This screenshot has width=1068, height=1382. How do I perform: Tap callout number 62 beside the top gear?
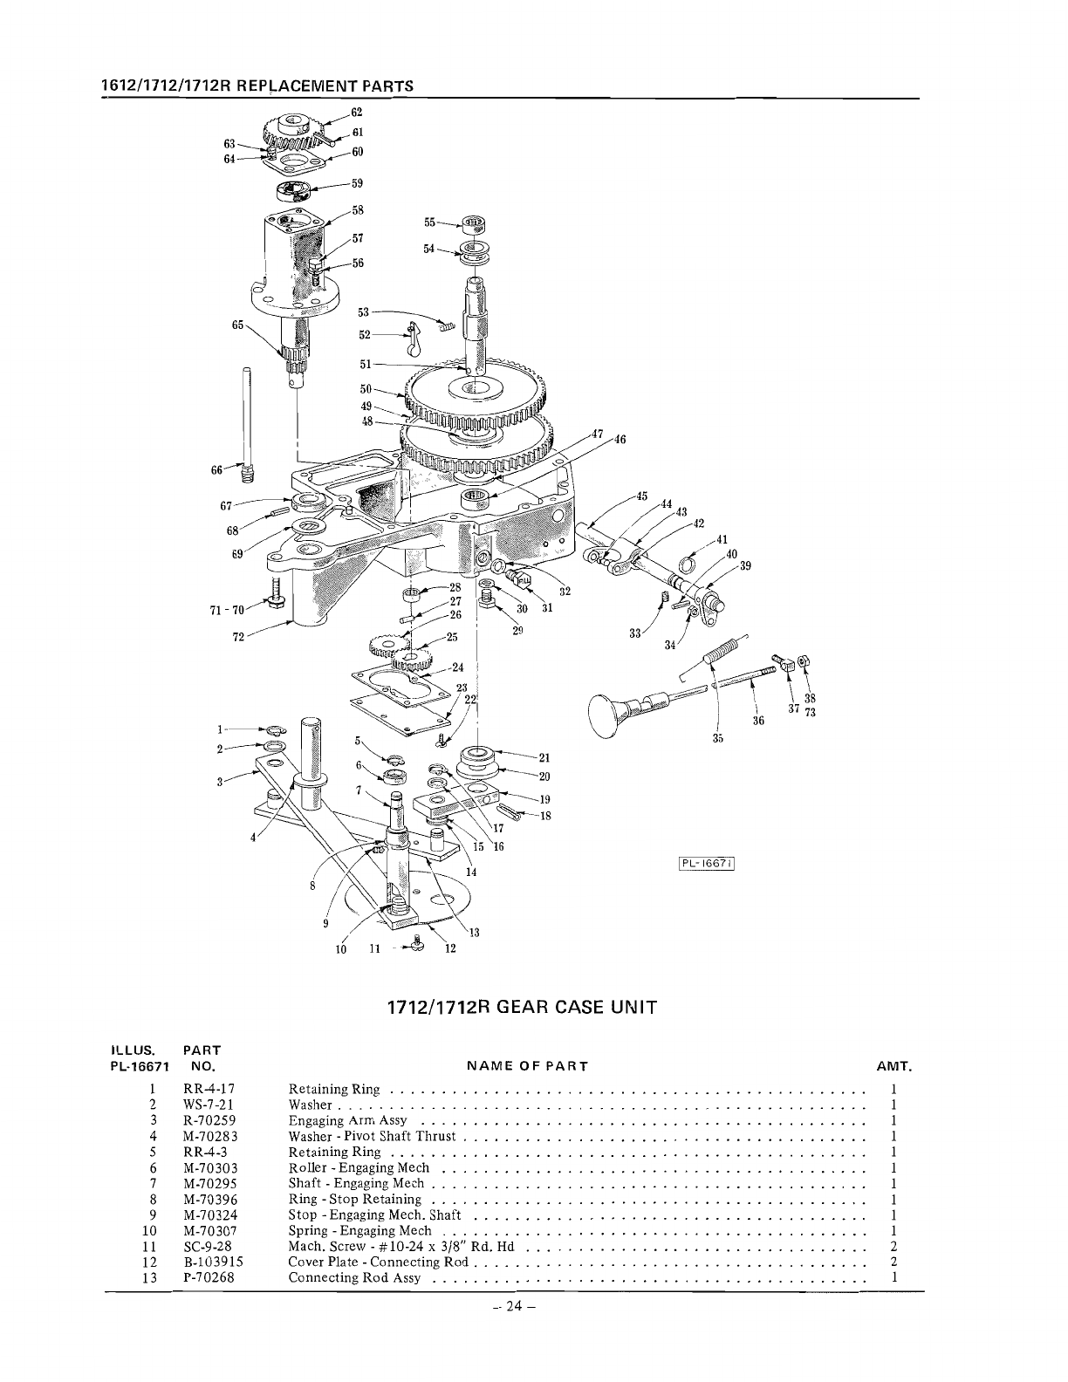pyautogui.click(x=356, y=113)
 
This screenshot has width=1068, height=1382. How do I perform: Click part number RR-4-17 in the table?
pyautogui.click(x=209, y=1089)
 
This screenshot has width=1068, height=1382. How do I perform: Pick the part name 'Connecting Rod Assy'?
pyautogui.click(x=354, y=1278)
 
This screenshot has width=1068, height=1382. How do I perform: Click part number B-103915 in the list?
pyautogui.click(x=213, y=1262)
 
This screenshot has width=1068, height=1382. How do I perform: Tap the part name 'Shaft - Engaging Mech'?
pyautogui.click(x=356, y=1184)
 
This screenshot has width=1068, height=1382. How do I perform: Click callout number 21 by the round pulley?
pyautogui.click(x=544, y=757)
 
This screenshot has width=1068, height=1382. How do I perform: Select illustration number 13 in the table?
pyautogui.click(x=152, y=1278)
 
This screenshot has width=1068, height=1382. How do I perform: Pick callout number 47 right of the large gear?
pyautogui.click(x=597, y=434)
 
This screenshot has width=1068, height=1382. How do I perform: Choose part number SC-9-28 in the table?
pyautogui.click(x=208, y=1247)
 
